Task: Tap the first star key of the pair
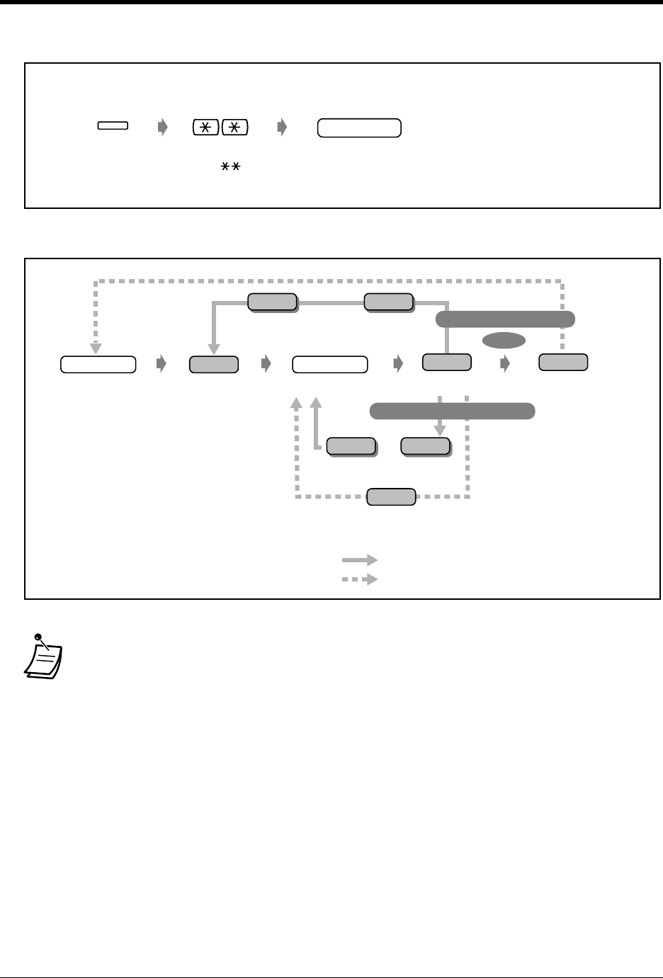tap(205, 127)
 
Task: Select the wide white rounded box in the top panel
tap(359, 128)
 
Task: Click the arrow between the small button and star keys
tap(163, 127)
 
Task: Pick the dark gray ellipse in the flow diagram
tap(504, 341)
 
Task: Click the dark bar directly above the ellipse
tap(505, 319)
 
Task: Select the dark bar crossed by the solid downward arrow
tap(452, 411)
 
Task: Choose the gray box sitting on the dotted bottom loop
tap(390, 496)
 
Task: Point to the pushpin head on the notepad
tap(37, 637)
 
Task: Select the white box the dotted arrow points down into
tap(98, 364)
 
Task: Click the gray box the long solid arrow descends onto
tap(213, 364)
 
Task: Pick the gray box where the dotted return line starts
tap(562, 362)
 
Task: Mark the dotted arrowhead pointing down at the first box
tap(95, 348)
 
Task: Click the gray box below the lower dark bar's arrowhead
tap(425, 445)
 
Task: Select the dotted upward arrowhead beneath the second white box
tap(297, 403)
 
